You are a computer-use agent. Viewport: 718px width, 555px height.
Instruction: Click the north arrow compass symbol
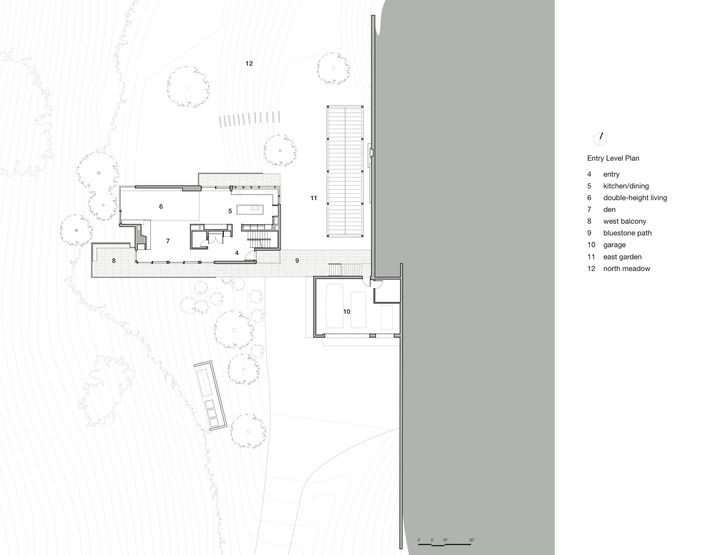point(600,138)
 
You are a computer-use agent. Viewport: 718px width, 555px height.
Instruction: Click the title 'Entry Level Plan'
point(613,158)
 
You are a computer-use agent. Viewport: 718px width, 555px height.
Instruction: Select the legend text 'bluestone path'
point(628,233)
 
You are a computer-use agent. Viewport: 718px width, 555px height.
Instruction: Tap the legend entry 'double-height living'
point(635,198)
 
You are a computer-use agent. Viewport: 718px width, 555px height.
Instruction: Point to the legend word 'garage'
point(614,245)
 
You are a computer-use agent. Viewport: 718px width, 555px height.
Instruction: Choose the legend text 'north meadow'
point(626,268)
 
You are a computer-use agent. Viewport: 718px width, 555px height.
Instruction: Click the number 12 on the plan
point(249,64)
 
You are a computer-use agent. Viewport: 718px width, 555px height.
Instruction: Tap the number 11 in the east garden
point(314,198)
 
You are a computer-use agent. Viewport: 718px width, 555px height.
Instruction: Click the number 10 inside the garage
point(346,311)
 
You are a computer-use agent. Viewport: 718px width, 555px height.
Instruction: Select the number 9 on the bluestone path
point(297,261)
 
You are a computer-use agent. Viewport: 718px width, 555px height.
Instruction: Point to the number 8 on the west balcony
point(114,261)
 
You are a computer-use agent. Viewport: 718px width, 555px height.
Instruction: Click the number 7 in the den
point(168,241)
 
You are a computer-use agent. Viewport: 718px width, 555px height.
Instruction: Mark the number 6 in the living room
point(161,207)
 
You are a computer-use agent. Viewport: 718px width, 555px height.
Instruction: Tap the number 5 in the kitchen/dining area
point(230,211)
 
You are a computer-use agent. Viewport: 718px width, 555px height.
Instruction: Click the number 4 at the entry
point(237,253)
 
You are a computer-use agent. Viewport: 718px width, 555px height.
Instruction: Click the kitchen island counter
point(250,209)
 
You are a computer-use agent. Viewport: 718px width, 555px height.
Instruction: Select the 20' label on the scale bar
point(472,540)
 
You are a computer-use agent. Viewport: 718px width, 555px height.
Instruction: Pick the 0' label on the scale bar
point(419,540)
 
